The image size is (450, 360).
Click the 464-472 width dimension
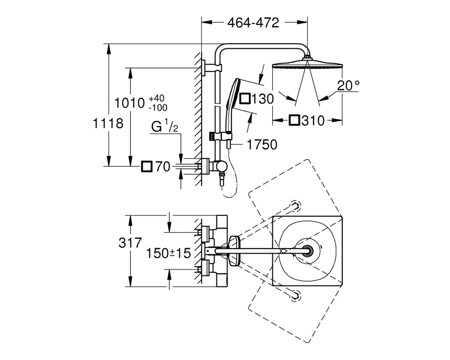click(253, 22)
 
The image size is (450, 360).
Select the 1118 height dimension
click(108, 123)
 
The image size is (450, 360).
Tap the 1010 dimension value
click(129, 103)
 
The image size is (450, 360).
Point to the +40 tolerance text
click(157, 99)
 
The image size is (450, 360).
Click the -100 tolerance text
click(158, 108)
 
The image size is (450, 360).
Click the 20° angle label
click(348, 85)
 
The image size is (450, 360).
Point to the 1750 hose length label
click(262, 145)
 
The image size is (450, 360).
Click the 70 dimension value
click(163, 166)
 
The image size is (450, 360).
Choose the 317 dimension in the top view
click(130, 243)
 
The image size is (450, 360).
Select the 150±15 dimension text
click(168, 253)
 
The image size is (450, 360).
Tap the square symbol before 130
click(245, 99)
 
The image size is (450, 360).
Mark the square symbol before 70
click(147, 166)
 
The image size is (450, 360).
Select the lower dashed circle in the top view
click(295, 295)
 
